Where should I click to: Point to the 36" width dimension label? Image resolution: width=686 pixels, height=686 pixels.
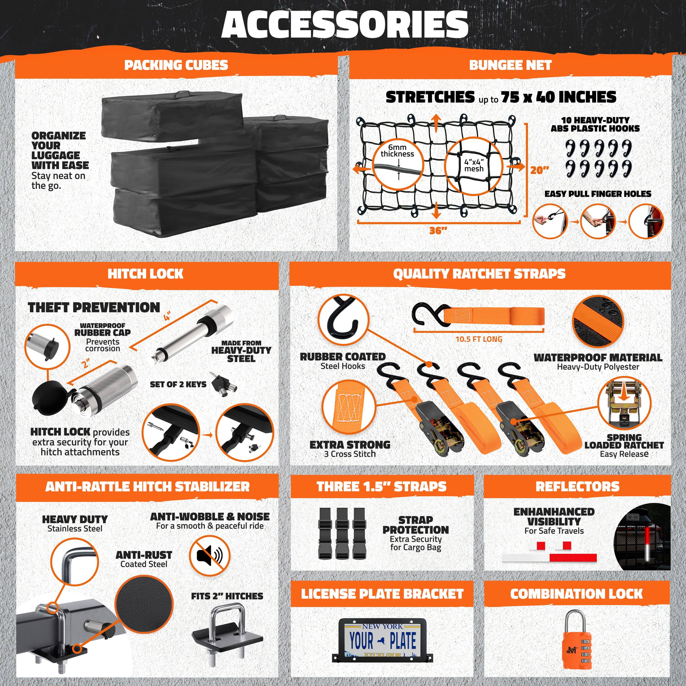pos(438,231)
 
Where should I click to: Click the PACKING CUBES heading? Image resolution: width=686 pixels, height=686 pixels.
pos(176,65)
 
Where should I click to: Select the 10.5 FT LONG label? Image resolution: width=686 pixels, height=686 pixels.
pos(479,339)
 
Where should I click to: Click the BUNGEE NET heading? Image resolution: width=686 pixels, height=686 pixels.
pos(510,65)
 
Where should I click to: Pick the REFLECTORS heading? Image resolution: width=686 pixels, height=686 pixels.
pos(577,486)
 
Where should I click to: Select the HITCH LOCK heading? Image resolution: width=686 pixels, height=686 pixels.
pos(146,274)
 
